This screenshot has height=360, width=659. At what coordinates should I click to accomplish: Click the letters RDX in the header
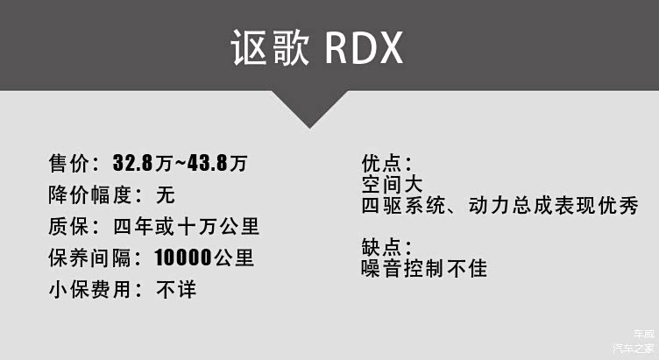(x=364, y=49)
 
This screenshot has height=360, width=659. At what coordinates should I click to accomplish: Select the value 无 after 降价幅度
(x=165, y=194)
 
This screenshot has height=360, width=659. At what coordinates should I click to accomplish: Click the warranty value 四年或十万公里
(x=186, y=227)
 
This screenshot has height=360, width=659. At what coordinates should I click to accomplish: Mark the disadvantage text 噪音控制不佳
(x=423, y=267)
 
